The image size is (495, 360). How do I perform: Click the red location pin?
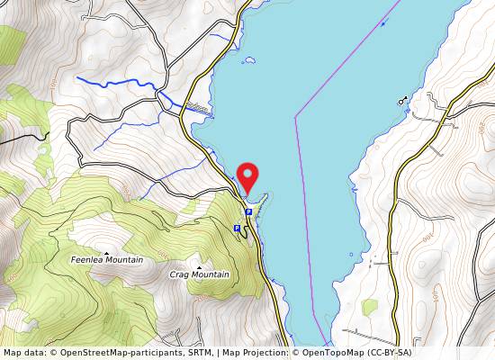pos(246,175)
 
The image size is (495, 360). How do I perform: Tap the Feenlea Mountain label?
pos(107,260)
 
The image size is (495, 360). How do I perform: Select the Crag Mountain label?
pos(199,274)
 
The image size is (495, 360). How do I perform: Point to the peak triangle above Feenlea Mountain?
pos(107,252)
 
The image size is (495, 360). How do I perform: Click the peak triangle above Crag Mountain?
pos(199,266)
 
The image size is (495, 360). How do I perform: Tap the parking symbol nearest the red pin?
pos(247,211)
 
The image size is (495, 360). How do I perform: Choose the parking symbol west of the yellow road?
pos(237,229)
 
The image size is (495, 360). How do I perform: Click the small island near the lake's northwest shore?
pos(249,61)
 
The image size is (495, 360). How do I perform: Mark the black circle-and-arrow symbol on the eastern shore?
pos(401,101)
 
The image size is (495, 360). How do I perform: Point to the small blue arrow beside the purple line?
pos(383,22)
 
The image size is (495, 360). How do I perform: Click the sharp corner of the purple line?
pos(296,116)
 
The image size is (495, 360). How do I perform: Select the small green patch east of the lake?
pos(369,307)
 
